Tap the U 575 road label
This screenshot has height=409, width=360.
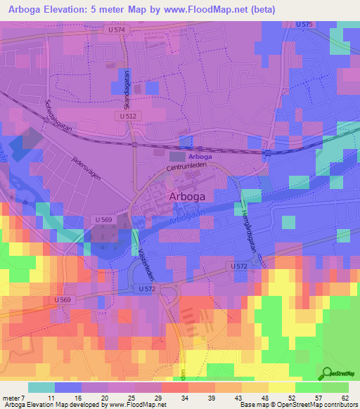point(304,25)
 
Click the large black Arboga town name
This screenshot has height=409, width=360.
point(192,197)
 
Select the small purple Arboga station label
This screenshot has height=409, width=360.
point(200,157)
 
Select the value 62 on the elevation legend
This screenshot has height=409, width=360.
point(345,397)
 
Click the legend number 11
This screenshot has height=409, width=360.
point(51,397)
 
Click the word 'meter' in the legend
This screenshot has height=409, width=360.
point(12,397)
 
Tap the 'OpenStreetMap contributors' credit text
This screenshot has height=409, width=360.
point(319,405)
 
